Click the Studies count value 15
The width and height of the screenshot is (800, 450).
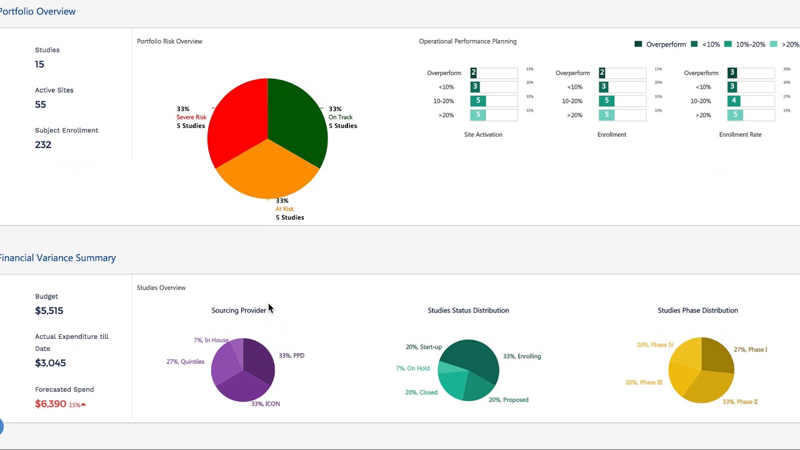39,64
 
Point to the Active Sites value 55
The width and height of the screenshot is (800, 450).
41,104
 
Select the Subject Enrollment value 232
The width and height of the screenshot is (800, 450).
43,144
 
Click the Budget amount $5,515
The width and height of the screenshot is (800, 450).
49,311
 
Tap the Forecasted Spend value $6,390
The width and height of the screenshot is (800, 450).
51,404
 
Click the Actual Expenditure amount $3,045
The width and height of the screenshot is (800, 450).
50,363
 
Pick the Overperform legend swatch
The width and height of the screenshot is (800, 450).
638,44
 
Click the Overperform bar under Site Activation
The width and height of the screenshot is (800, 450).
474,73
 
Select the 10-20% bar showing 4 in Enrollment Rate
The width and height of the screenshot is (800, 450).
734,101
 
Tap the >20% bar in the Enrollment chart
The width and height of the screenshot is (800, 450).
606,115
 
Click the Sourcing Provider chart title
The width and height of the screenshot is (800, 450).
239,311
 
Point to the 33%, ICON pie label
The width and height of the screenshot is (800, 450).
265,404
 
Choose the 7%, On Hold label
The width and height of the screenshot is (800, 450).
412,368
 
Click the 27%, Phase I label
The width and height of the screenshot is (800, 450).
750,349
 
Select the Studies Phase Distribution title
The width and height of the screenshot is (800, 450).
697,311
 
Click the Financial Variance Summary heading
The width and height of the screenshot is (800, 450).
57,258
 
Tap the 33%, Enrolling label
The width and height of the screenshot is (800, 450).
522,356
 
